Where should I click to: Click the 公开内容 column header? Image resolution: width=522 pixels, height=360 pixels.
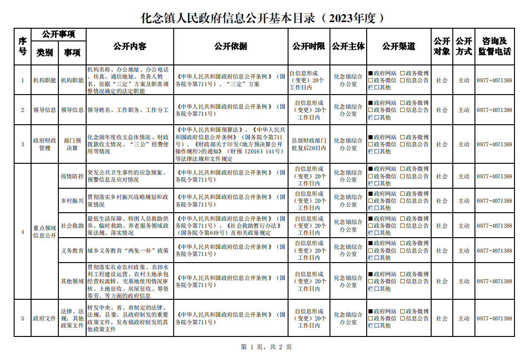[x=130, y=46]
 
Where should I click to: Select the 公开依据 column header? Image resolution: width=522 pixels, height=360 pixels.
[x=231, y=46]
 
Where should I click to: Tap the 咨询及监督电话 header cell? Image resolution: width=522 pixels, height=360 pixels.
[x=494, y=46]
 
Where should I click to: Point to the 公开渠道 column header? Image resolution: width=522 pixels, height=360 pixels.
[x=399, y=46]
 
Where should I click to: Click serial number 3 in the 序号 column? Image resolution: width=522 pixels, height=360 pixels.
[x=23, y=144]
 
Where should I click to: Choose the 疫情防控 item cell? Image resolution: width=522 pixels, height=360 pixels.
[x=72, y=176]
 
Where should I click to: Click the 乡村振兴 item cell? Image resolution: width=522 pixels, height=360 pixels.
[x=72, y=201]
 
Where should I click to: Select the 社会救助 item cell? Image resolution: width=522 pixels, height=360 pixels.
[x=72, y=226]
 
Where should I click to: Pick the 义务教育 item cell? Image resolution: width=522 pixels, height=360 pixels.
[x=72, y=251]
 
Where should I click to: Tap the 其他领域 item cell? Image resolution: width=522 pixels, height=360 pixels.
[x=72, y=281]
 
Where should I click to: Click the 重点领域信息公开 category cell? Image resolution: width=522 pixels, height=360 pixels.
[x=45, y=232]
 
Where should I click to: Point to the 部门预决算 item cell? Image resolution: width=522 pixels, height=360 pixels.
[x=72, y=144]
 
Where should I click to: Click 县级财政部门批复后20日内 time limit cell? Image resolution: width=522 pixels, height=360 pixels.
[x=309, y=144]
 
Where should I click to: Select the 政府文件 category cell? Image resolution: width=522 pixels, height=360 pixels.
[x=45, y=319]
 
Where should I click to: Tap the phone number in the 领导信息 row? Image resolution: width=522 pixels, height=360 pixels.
[x=494, y=110]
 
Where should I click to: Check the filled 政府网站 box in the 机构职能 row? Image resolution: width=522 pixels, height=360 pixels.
[x=371, y=73]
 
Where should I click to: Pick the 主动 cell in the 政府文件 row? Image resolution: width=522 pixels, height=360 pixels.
[x=464, y=319]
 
